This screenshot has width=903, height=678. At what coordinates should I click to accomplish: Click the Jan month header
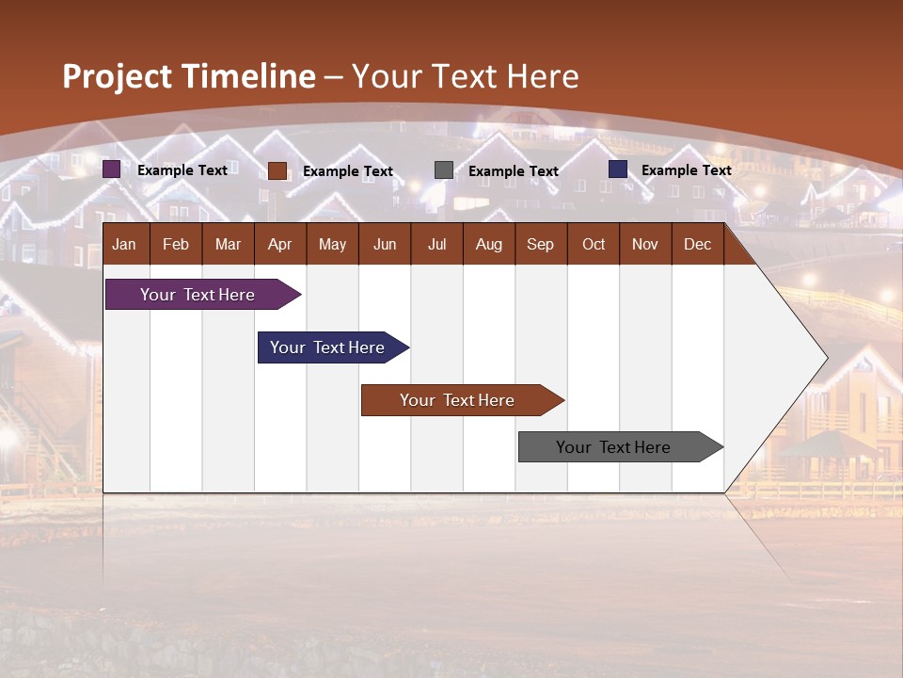pos(124,244)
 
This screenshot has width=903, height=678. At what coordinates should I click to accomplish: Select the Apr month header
pos(279,244)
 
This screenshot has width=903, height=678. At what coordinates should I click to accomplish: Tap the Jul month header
pos(436,244)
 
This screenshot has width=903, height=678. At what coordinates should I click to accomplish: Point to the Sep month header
pos(540,244)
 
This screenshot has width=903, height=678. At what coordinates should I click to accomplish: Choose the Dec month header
pos(697,244)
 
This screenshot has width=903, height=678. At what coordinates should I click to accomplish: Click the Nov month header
pos(644,244)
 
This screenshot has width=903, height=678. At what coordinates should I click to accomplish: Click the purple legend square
pos(112,169)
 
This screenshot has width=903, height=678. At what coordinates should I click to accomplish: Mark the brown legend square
pos(277,170)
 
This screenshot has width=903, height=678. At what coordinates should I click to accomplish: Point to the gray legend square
pos(444,170)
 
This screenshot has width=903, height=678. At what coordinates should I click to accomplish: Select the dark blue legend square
pos(618,169)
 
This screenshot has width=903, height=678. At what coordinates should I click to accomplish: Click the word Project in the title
pos(117,76)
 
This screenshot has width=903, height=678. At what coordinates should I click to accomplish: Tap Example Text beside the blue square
pos(686,170)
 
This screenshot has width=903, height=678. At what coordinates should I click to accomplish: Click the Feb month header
pos(176,244)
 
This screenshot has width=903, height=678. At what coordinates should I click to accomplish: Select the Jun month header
pos(384,244)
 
